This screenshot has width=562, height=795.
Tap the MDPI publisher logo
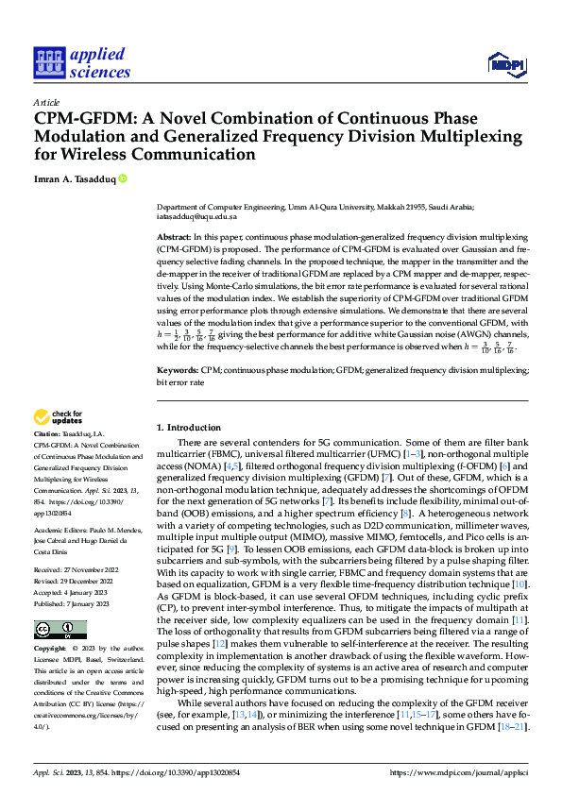[505, 63]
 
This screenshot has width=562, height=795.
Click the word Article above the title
[46, 101]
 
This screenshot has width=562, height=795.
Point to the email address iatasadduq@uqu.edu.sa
[196, 216]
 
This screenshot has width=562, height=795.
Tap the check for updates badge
[59, 417]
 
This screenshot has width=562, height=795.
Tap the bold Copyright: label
[51, 650]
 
